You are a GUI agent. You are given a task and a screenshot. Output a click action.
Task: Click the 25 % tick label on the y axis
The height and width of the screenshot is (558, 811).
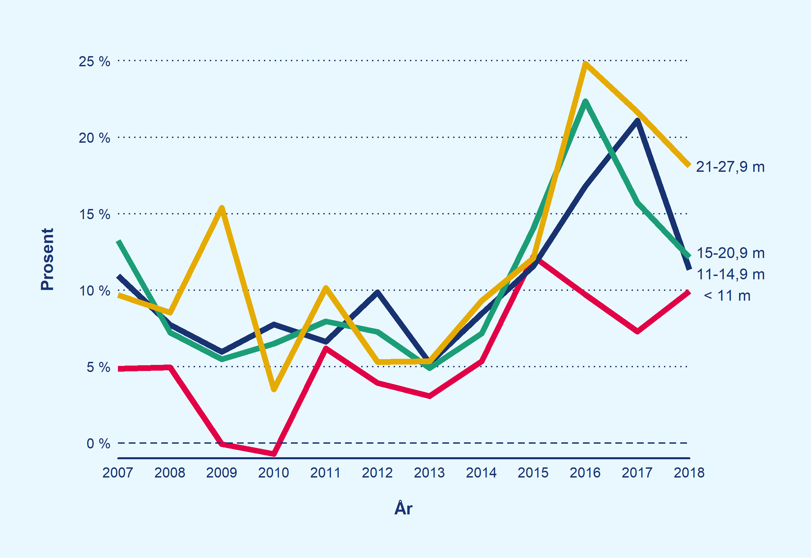tap(94, 62)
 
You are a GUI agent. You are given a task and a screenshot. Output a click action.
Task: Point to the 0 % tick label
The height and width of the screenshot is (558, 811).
tap(98, 444)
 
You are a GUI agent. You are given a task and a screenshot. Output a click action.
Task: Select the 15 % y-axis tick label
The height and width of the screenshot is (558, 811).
tap(94, 214)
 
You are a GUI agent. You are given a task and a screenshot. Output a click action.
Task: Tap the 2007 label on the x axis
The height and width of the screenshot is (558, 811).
tap(118, 473)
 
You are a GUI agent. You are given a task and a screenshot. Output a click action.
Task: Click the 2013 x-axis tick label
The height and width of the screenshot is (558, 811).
tap(429, 473)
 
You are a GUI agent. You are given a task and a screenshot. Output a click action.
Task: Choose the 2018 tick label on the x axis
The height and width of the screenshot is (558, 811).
tap(689, 473)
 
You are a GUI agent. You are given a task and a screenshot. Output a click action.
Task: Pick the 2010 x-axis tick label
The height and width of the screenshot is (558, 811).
tap(273, 473)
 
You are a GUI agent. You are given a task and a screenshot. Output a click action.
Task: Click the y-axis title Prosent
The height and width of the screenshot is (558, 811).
tap(47, 259)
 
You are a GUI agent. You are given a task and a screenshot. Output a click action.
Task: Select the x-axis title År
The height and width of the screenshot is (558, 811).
tap(403, 508)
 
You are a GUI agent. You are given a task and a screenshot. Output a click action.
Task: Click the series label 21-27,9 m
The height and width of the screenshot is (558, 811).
tap(730, 167)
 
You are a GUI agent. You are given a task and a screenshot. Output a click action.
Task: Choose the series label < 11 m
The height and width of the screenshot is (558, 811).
tap(727, 296)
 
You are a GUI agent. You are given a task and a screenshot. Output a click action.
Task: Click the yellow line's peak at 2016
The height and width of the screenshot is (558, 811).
tap(585, 63)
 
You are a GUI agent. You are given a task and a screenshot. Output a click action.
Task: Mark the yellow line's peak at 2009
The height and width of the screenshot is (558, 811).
tap(222, 208)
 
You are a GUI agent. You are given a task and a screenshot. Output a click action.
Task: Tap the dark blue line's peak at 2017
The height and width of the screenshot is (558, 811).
tap(637, 121)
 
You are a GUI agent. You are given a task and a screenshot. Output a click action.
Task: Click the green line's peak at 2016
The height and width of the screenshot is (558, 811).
tap(585, 102)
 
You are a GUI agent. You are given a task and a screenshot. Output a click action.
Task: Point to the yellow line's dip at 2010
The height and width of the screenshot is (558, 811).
tap(274, 389)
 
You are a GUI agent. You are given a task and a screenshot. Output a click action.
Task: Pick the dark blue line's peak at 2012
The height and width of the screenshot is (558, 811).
tap(377, 292)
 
